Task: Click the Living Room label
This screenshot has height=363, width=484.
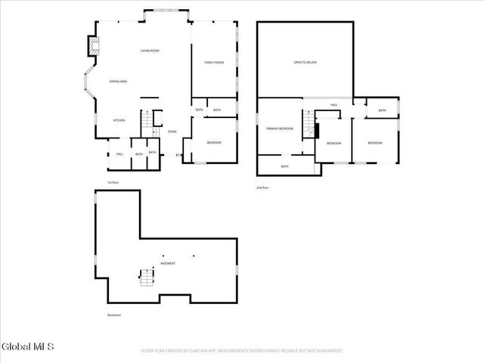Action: [x=149, y=51]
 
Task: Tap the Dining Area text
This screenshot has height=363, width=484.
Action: [x=118, y=81]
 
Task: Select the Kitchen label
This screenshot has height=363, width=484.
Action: [x=119, y=120]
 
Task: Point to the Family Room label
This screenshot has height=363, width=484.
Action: [x=214, y=62]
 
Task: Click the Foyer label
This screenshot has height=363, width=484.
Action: [x=172, y=132]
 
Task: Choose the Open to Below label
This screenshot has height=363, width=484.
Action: [x=305, y=62]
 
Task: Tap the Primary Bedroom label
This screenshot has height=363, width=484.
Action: [x=279, y=129]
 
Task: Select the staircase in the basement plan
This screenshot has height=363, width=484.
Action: [x=143, y=279]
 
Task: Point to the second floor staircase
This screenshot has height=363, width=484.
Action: [x=309, y=123]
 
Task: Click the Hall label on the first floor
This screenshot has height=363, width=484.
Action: [x=119, y=154]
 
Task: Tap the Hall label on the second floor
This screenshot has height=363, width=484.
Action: [x=334, y=105]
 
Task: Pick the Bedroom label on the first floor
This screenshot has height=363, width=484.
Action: [x=214, y=142]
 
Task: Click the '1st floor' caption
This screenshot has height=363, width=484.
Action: [x=113, y=182]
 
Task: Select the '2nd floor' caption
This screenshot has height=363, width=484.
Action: [x=263, y=187]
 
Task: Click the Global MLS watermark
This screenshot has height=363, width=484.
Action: [x=28, y=347]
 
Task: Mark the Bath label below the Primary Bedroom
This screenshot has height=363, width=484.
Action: [x=284, y=166]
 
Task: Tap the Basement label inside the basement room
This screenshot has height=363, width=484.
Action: [x=168, y=263]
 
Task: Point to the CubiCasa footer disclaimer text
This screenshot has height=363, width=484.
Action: [x=241, y=351]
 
